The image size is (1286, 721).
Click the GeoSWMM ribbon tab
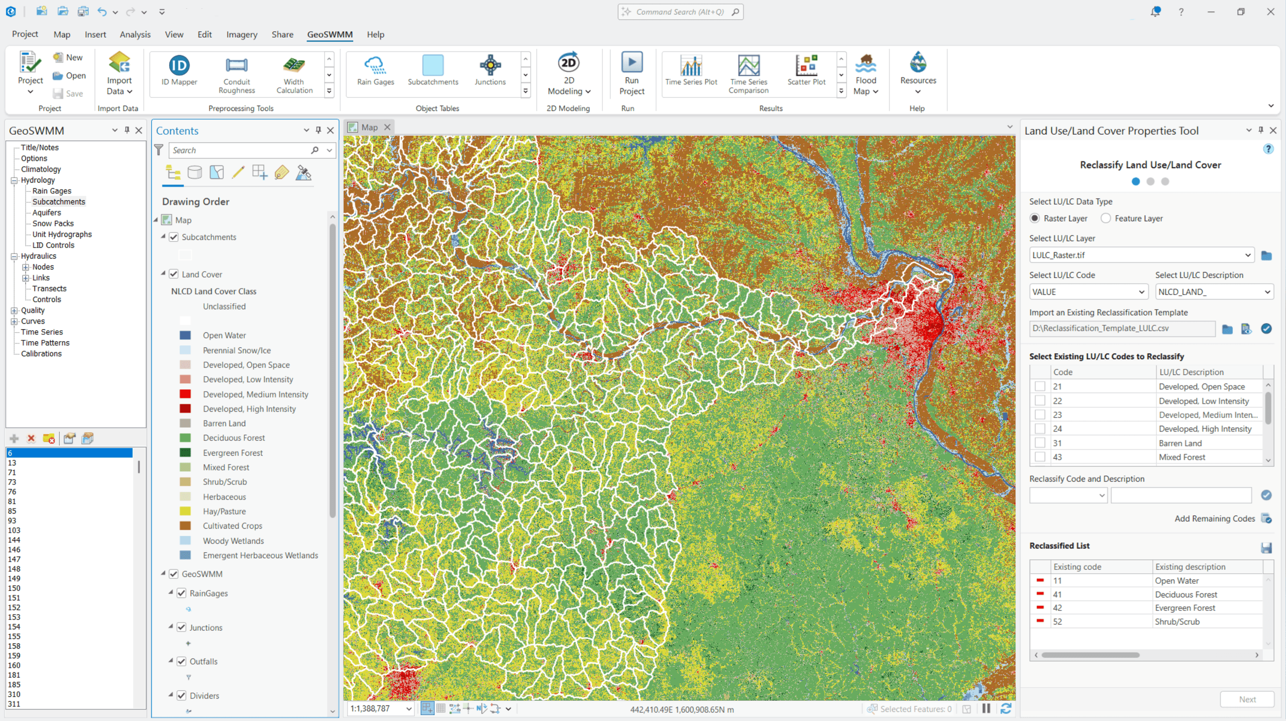(x=330, y=34)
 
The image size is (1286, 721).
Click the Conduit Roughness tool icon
(x=236, y=66)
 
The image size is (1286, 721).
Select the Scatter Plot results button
(x=806, y=71)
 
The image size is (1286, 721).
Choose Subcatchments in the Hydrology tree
(x=59, y=201)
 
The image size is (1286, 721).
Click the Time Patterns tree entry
(x=45, y=343)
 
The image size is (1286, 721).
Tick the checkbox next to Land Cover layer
(x=174, y=274)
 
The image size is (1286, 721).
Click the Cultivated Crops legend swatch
(x=185, y=526)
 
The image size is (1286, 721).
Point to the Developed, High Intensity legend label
(x=249, y=409)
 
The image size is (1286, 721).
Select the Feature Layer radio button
(x=1105, y=218)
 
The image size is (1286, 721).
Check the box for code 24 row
(x=1039, y=429)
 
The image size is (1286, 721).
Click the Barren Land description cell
(x=1180, y=443)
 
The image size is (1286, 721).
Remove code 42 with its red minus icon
(x=1039, y=607)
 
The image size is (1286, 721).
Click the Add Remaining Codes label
(x=1214, y=519)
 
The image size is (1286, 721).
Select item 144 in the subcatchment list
(x=14, y=540)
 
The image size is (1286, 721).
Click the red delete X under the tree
(x=31, y=438)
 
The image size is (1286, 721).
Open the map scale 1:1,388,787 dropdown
(x=408, y=708)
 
